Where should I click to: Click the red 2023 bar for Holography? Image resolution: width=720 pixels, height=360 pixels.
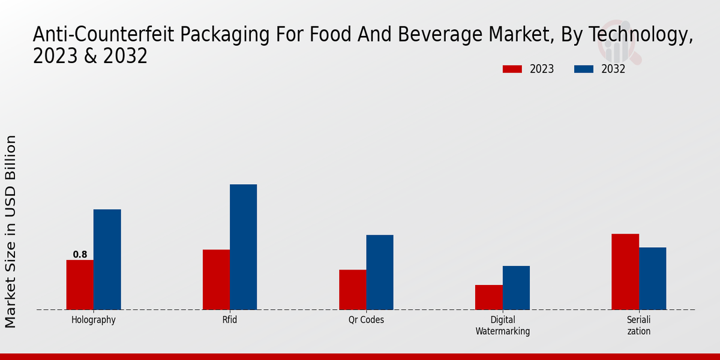(x=80, y=284)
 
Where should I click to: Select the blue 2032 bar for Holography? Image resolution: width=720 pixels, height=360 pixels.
(x=107, y=259)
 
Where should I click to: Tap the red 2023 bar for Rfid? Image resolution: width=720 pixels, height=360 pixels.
(x=216, y=280)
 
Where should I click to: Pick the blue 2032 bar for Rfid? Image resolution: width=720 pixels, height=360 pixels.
(x=243, y=247)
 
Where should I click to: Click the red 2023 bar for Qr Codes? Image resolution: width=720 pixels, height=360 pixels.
(x=352, y=290)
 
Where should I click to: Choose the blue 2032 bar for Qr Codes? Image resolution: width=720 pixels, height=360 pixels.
(x=380, y=272)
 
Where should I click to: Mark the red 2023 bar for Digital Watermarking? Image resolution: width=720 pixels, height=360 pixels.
(x=488, y=297)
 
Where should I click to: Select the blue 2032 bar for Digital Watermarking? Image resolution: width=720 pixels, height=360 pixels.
(x=516, y=287)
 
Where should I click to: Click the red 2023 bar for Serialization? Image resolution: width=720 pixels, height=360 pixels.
(x=625, y=271)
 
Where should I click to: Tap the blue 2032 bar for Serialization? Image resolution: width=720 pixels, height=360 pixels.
(x=652, y=278)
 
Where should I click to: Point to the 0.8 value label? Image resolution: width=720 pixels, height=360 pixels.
(x=80, y=254)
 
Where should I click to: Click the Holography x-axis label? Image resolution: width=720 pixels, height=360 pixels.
(x=93, y=320)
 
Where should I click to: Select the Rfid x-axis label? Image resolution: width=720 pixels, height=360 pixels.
(x=230, y=320)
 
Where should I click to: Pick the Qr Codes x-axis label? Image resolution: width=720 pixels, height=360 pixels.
(x=366, y=320)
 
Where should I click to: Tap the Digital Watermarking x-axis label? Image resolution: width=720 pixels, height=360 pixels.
(x=503, y=325)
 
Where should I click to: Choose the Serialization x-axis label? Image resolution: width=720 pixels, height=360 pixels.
(x=638, y=325)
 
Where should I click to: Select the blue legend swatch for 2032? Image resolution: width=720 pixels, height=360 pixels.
(x=584, y=69)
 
